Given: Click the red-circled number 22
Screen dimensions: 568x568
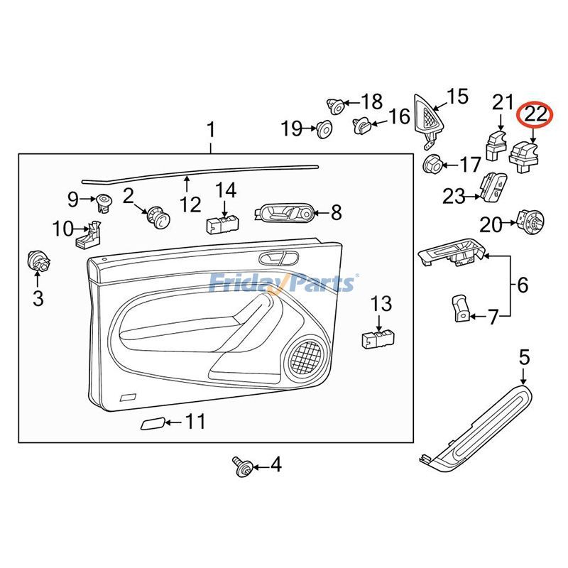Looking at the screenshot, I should (535, 114).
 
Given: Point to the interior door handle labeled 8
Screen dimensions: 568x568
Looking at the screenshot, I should (284, 212).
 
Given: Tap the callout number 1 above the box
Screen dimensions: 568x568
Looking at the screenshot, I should (210, 131).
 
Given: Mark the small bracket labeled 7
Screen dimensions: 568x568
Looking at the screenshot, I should (459, 306).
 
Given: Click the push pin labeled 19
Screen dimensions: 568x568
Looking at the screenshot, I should (324, 129).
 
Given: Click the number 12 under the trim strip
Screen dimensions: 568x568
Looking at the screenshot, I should (190, 205).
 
